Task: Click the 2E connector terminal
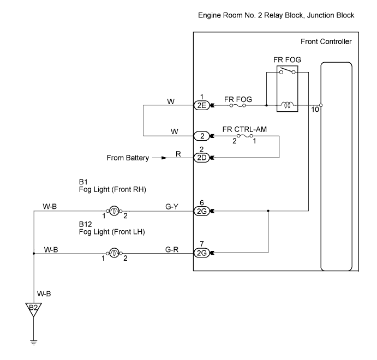pos(201,105)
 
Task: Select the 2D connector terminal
pos(201,158)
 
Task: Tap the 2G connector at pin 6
pos(201,211)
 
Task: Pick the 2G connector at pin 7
pos(201,252)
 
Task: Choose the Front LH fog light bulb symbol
pos(114,252)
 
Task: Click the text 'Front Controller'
pos(326,42)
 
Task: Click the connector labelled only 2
pos(201,135)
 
